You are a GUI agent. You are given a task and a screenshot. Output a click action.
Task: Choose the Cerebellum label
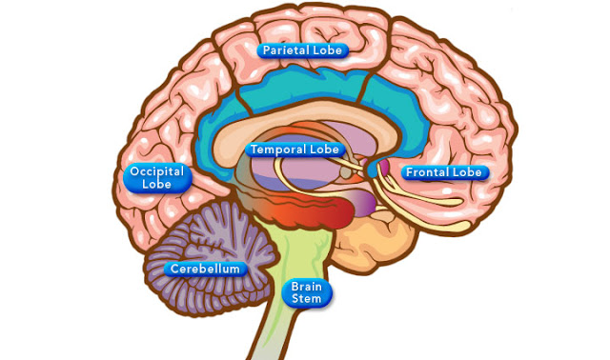click(x=206, y=269)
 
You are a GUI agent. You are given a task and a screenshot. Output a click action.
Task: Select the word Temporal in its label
click(x=276, y=150)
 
